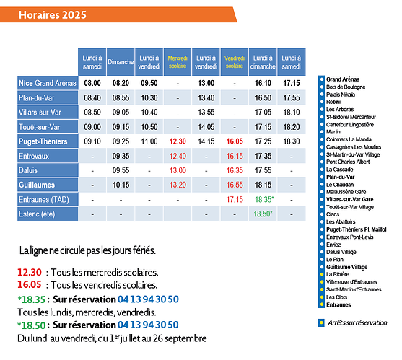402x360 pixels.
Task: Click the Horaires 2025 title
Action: point(53,15)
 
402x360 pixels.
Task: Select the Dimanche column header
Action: point(121,62)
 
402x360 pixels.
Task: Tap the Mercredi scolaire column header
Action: point(178,62)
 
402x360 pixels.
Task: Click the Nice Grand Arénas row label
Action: point(48,83)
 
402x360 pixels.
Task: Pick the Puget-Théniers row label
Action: point(48,141)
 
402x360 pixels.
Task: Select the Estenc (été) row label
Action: point(48,214)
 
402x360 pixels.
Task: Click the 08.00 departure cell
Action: point(92,83)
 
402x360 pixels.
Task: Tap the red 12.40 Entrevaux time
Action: point(178,156)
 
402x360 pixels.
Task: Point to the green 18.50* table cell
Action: point(263,214)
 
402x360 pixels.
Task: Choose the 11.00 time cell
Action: point(149,141)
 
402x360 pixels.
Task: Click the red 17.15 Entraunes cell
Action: point(235,199)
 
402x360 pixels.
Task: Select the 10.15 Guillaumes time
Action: point(121,185)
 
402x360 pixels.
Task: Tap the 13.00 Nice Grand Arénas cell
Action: point(206,83)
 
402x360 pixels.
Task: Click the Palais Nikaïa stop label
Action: point(341,95)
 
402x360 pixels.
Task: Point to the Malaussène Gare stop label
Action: point(346,192)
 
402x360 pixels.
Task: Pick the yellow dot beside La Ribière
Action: point(322,274)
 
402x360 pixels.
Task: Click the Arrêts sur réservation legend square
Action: point(321,322)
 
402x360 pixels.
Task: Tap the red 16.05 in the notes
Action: point(30,285)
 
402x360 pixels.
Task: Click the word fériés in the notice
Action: point(144,250)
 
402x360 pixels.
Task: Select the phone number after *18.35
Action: point(148,299)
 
